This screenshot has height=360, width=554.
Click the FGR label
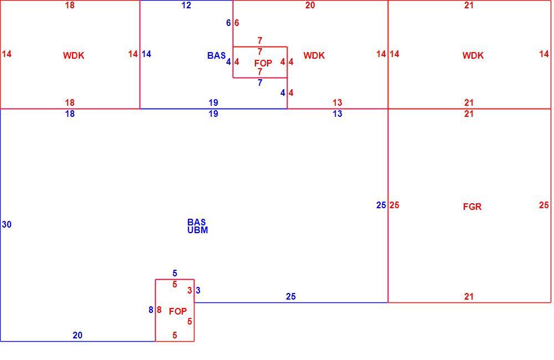(x=472, y=207)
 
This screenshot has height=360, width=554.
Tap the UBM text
(x=198, y=230)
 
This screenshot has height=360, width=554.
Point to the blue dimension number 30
(x=7, y=224)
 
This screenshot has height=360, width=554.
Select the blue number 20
(x=78, y=335)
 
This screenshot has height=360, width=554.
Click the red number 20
(x=310, y=6)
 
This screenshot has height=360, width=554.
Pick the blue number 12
(x=186, y=6)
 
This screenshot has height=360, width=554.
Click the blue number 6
(x=228, y=23)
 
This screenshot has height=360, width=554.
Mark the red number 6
(x=237, y=23)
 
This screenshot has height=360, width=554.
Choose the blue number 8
(x=151, y=310)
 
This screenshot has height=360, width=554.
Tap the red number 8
(x=159, y=310)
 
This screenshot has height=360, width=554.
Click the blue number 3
(x=198, y=290)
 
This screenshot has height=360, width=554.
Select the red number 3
(x=189, y=290)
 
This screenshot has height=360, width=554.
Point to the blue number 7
(x=260, y=83)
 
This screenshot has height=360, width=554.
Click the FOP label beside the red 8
(x=178, y=311)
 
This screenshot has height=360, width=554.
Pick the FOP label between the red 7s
(x=263, y=63)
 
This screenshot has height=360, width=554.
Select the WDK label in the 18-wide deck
(x=74, y=55)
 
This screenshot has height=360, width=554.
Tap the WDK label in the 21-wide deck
(x=473, y=55)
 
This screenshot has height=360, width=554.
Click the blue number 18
(x=70, y=114)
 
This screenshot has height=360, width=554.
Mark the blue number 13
(x=337, y=114)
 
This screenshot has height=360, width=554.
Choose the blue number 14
(x=146, y=54)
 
